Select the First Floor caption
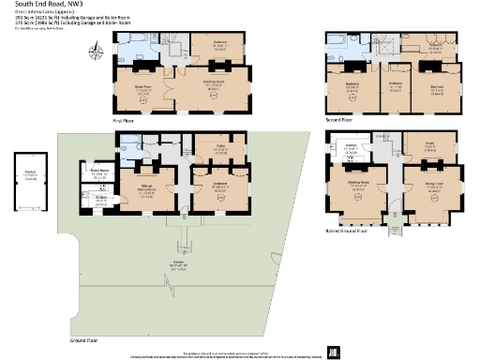coord(126,121)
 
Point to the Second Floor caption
coord(339,121)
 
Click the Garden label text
coord(178,263)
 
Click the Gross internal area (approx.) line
coord(34,15)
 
